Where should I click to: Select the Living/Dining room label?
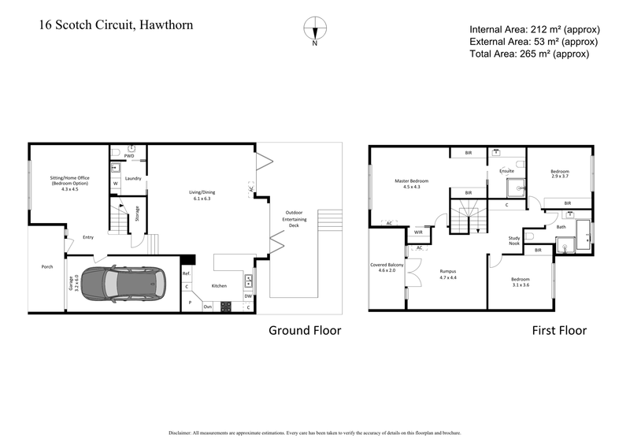202,195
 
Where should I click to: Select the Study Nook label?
514,240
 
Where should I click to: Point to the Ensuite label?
507,170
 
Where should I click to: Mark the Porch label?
47,267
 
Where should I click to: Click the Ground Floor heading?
305,330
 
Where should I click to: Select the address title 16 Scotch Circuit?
116,25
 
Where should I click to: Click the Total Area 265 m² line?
528,54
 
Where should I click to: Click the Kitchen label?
218,286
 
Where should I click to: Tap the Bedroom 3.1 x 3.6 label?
521,282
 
